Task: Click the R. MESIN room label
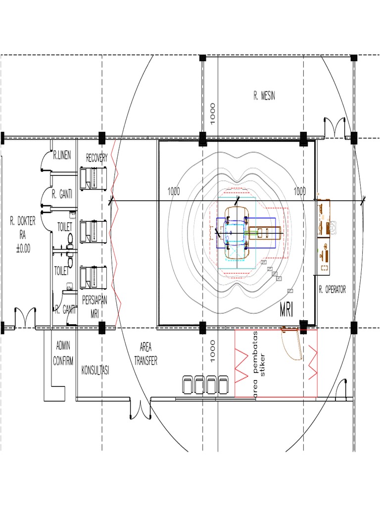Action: coord(264,96)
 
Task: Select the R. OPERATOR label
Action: coord(332,290)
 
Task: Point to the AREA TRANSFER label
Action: coord(146,354)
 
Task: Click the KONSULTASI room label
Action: coord(95,371)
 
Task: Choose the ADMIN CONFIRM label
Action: coord(63,353)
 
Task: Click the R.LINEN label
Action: coord(62,155)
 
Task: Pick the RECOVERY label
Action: coord(96,158)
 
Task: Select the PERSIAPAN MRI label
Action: coord(95,307)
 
